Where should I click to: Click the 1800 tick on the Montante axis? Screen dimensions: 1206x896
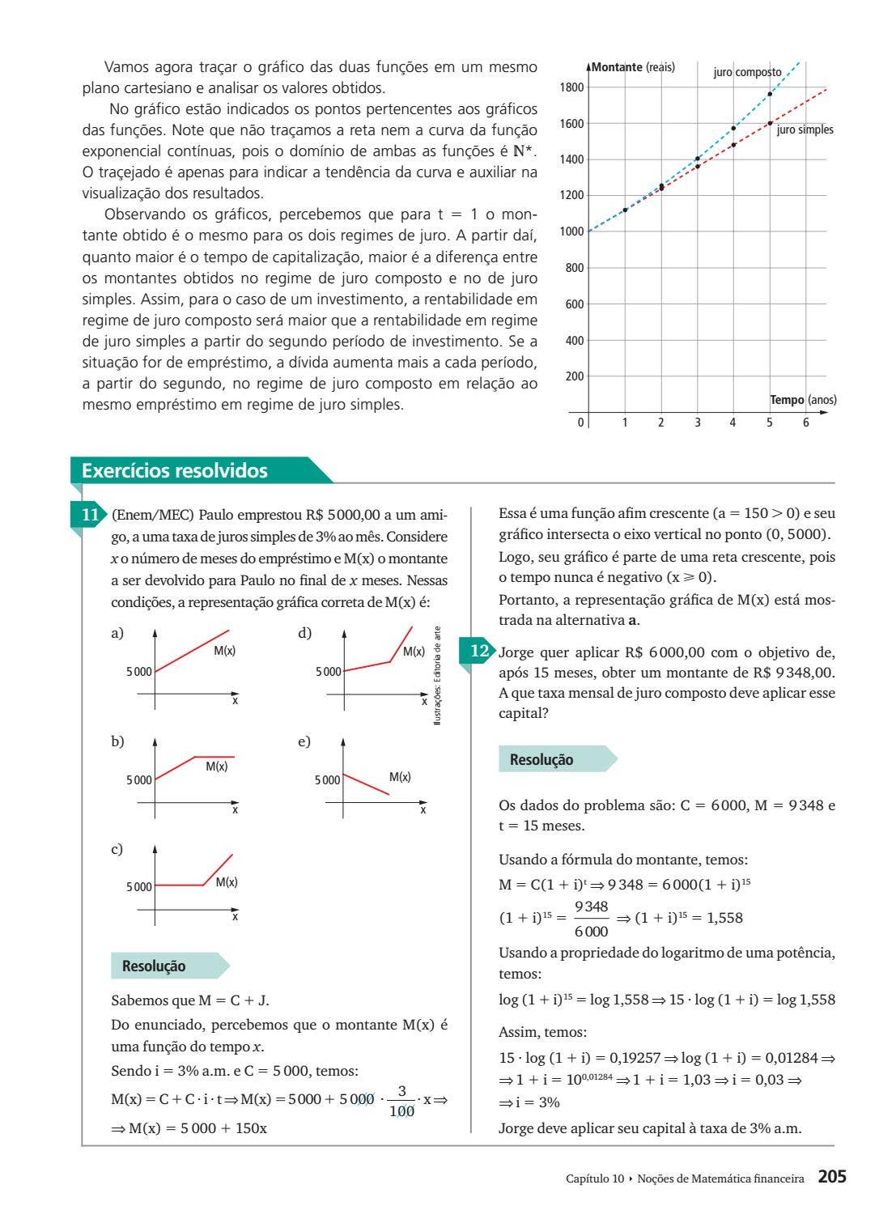pyautogui.click(x=571, y=87)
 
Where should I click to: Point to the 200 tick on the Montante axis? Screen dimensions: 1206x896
pyautogui.click(x=574, y=376)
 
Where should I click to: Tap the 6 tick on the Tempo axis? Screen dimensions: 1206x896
pyautogui.click(x=805, y=423)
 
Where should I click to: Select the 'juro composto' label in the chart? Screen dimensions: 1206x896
pyautogui.click(x=747, y=72)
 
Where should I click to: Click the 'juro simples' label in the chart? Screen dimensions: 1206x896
pyautogui.click(x=805, y=130)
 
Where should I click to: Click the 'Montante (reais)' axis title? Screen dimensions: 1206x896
pyautogui.click(x=633, y=67)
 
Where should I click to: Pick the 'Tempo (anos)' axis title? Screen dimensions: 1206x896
pyautogui.click(x=802, y=400)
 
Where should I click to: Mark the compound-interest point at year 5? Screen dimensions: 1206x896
pyautogui.click(x=770, y=94)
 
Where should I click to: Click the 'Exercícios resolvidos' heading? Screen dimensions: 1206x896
pyautogui.click(x=175, y=471)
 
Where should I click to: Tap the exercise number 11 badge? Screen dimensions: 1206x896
pyautogui.click(x=90, y=515)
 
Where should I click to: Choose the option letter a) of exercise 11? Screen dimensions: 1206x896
pyautogui.click(x=117, y=633)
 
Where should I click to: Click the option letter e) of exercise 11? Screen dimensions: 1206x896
pyautogui.click(x=304, y=741)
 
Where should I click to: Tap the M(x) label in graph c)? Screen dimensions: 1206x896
pyautogui.click(x=227, y=881)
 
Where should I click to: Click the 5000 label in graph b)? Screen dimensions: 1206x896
pyautogui.click(x=138, y=780)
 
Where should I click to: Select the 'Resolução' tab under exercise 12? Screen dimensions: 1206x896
pyautogui.click(x=541, y=759)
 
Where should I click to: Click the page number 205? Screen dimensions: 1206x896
pyautogui.click(x=831, y=1177)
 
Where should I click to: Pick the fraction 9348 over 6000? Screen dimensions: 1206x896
pyautogui.click(x=591, y=919)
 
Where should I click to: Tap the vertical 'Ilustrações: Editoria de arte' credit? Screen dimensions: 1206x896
pyautogui.click(x=437, y=676)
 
